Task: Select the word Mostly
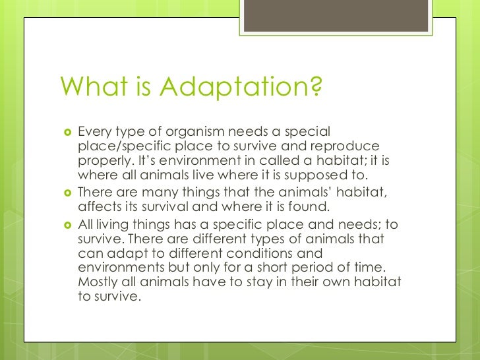(99, 282)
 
